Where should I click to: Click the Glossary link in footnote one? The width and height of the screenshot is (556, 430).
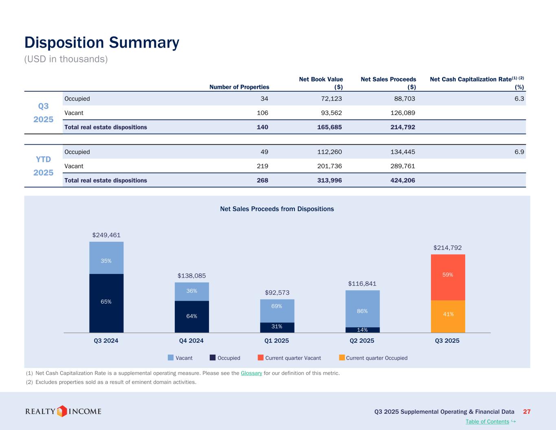click(x=251, y=373)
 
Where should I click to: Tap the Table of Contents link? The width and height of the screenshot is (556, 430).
click(x=487, y=421)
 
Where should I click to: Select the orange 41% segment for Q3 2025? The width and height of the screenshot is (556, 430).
click(x=448, y=316)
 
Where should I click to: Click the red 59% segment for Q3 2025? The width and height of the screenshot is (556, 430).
click(x=448, y=277)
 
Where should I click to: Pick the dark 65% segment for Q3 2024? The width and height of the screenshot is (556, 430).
click(x=106, y=303)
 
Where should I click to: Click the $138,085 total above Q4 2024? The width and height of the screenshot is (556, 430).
click(x=191, y=276)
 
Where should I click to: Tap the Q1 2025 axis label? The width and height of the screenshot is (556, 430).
click(x=277, y=341)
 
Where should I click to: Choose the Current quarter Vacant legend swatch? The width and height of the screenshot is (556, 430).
click(x=261, y=358)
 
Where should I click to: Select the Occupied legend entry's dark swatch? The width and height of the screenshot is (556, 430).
click(x=213, y=358)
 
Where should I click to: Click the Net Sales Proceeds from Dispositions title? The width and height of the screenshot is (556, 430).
click(x=277, y=209)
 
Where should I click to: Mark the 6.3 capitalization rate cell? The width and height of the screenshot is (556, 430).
click(x=519, y=99)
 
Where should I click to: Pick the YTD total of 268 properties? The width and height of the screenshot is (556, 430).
click(x=262, y=180)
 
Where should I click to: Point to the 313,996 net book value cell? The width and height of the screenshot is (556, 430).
click(x=330, y=180)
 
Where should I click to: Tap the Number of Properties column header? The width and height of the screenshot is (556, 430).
click(x=239, y=87)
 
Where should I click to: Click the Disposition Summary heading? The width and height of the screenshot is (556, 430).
click(x=102, y=43)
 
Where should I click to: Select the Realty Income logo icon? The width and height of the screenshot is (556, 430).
click(x=62, y=411)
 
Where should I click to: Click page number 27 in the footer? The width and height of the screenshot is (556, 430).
click(x=527, y=412)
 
